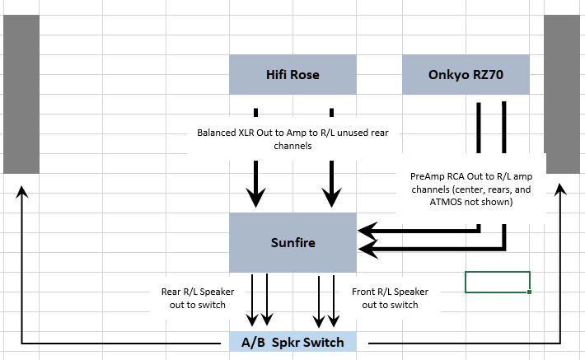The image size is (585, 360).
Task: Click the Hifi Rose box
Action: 292,75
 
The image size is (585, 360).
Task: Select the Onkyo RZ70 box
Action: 466,75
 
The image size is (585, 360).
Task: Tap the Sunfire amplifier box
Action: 292,243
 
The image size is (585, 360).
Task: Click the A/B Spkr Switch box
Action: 294,342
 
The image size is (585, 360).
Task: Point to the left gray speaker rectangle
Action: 21,95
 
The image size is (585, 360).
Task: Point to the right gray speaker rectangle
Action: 563,95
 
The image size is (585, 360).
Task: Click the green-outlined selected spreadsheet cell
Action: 497,282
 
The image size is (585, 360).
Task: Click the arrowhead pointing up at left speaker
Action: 21,191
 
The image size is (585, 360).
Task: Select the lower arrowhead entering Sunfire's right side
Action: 367,247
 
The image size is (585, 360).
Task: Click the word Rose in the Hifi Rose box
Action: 304,75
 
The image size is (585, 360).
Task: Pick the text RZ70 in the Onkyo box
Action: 487,75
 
